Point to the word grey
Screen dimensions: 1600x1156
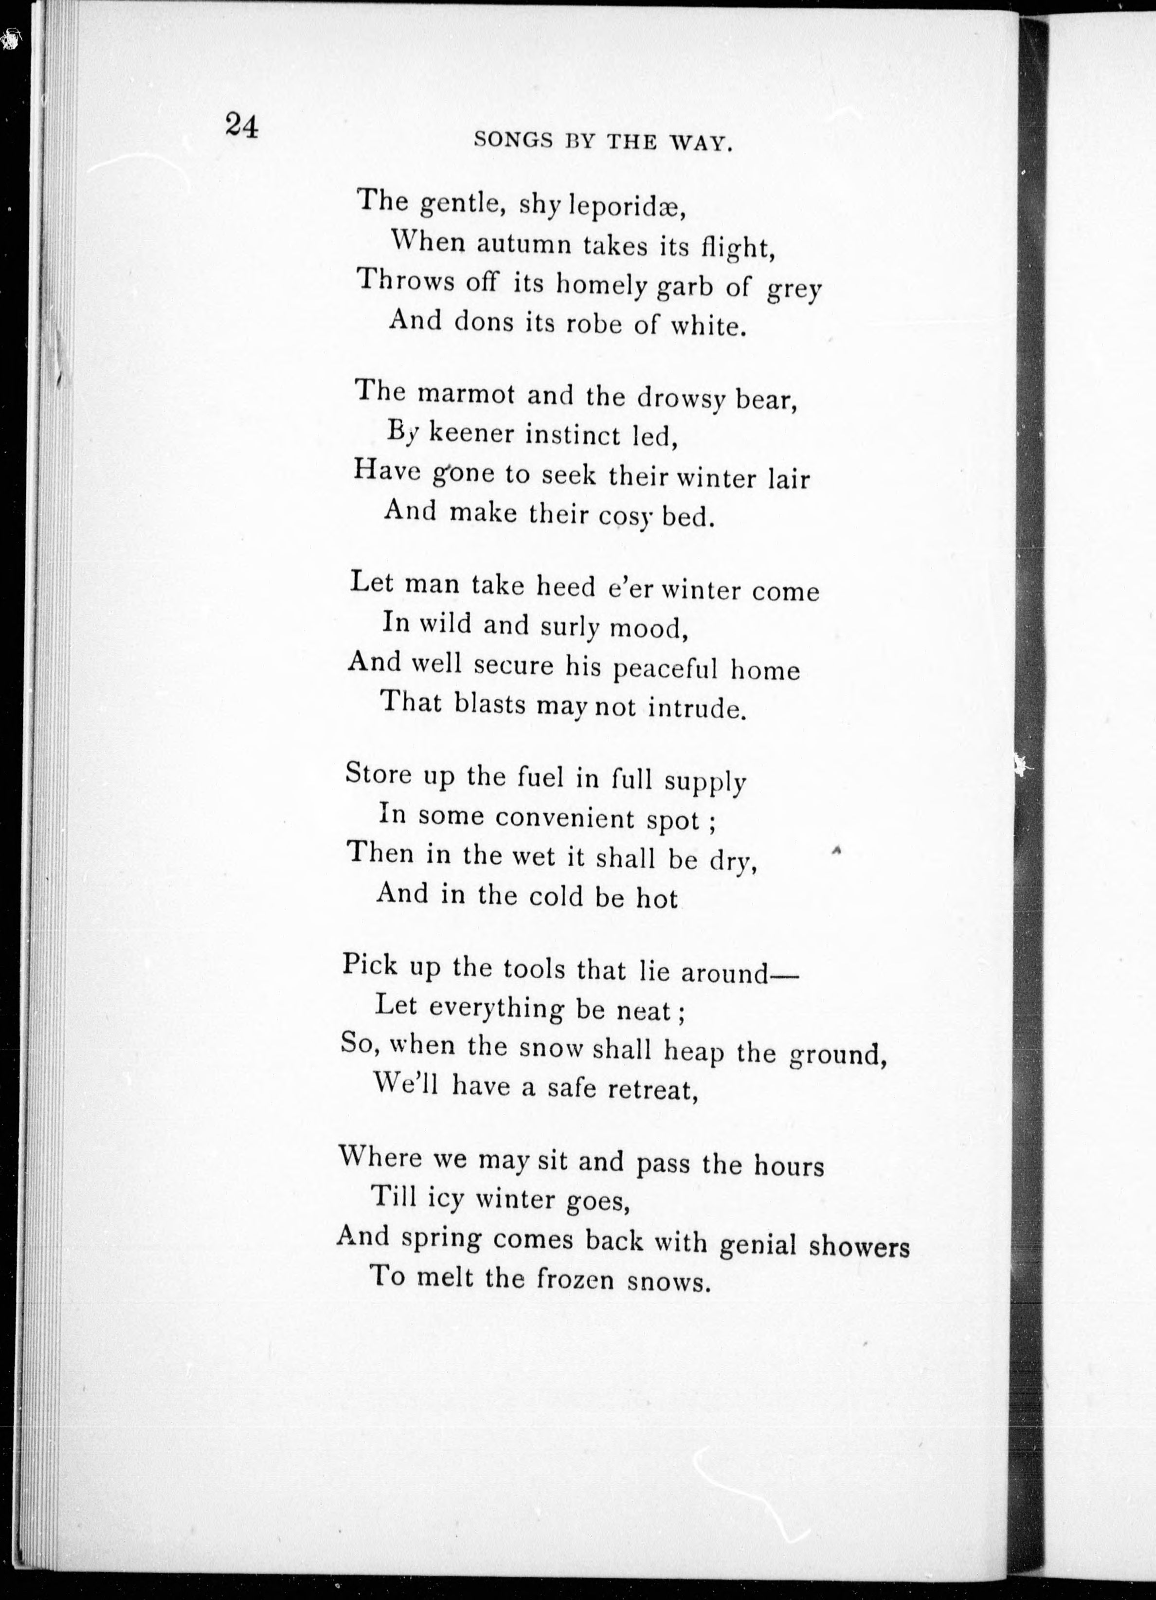[794, 291]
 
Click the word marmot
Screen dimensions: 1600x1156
[466, 394]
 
